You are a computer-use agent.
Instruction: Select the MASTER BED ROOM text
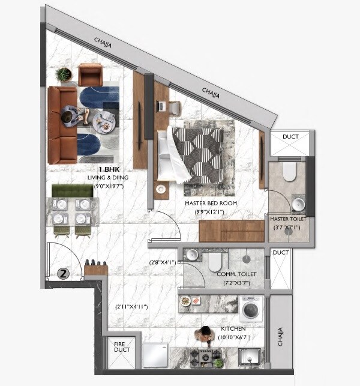211,204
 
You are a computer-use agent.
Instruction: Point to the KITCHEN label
233,329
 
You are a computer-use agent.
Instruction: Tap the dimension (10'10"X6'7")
233,337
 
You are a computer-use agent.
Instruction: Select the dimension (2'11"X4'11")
131,307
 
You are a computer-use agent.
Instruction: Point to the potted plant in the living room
63,74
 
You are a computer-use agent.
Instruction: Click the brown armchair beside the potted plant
90,74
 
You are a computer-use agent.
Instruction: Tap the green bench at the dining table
72,190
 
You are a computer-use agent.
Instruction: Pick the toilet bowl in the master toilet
290,172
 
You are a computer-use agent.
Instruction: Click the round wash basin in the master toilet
298,205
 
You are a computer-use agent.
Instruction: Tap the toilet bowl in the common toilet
215,261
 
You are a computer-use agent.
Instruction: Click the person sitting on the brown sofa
71,115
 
